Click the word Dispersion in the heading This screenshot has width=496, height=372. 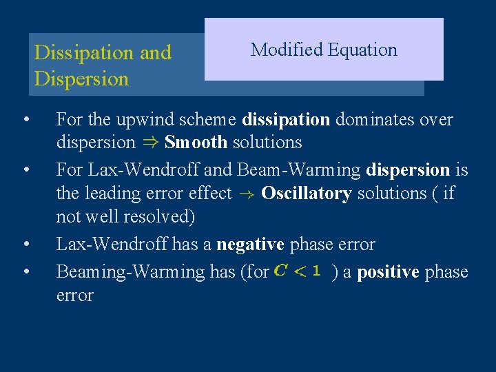pyautogui.click(x=81, y=79)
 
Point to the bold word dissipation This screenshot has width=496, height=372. pyautogui.click(x=286, y=120)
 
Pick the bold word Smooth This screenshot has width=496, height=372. pyautogui.click(x=196, y=143)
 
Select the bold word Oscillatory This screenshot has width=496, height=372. pyautogui.click(x=306, y=194)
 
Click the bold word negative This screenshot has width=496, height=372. pyautogui.click(x=250, y=245)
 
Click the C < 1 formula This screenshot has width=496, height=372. pyautogui.click(x=298, y=271)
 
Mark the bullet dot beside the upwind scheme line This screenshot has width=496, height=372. pyautogui.click(x=25, y=119)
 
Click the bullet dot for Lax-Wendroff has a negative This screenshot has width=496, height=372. pyautogui.click(x=25, y=244)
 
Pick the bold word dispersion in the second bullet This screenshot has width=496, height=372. pyautogui.click(x=409, y=169)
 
